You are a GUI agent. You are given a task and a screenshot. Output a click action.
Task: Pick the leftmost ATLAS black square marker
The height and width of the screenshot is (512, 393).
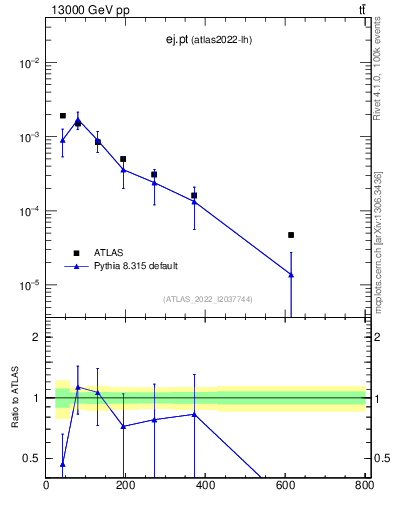62,116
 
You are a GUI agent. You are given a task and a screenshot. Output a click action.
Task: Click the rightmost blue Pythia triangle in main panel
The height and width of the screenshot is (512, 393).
291,275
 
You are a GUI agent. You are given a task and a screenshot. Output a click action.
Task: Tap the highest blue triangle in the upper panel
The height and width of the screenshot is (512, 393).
78,120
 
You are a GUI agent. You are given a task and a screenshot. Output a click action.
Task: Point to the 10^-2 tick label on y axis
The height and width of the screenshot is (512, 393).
28,63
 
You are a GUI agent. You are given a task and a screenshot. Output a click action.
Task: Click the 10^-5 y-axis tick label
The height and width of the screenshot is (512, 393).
28,286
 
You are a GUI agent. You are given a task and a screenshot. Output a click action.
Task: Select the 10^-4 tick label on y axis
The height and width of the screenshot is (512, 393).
28,212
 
